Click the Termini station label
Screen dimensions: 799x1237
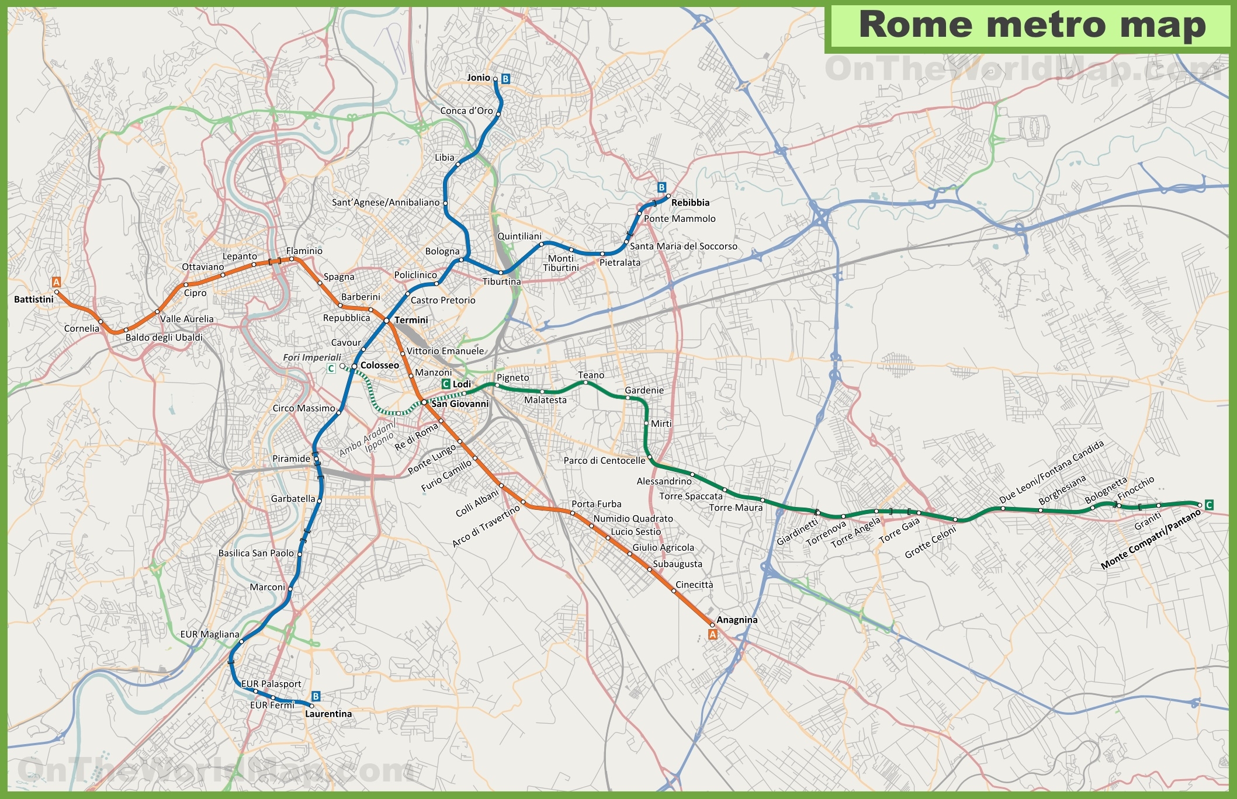click(x=411, y=320)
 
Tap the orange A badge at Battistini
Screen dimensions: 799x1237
click(x=56, y=282)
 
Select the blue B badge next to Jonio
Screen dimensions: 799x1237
click(x=505, y=79)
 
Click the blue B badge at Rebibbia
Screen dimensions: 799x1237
click(x=661, y=187)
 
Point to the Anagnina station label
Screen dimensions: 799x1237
click(x=737, y=620)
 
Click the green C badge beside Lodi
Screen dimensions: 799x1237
click(x=445, y=384)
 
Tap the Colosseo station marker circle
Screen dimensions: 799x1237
click(x=354, y=366)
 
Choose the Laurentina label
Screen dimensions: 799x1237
click(x=328, y=714)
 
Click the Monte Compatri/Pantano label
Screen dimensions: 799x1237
click(x=1150, y=539)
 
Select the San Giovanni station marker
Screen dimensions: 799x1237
click(x=424, y=402)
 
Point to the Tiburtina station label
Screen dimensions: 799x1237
click(x=501, y=282)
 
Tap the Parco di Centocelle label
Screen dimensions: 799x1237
click(x=604, y=460)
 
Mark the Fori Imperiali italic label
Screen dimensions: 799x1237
click(x=312, y=357)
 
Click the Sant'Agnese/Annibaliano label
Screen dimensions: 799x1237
click(x=386, y=203)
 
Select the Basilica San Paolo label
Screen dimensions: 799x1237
click(x=256, y=553)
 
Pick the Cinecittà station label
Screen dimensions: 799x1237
click(x=694, y=585)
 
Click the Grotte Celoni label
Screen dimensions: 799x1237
click(x=930, y=543)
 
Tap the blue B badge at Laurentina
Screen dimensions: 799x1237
click(x=316, y=696)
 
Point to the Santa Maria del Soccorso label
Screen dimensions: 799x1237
click(x=683, y=246)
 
